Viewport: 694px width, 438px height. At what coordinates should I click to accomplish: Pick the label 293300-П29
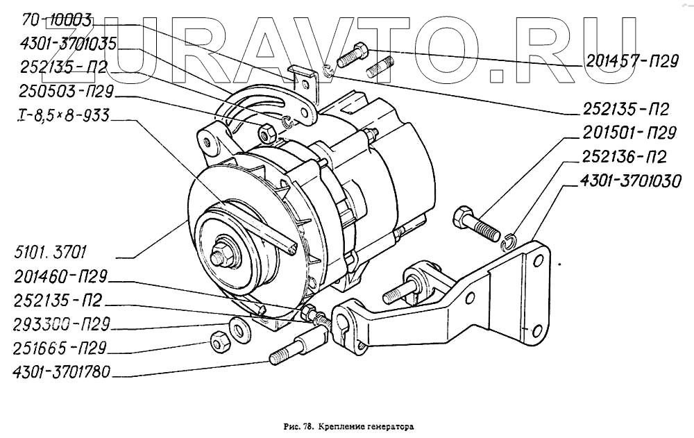[61, 324]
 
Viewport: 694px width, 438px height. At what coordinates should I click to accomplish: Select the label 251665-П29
[61, 347]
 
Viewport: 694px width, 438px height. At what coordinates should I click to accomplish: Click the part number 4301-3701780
[61, 371]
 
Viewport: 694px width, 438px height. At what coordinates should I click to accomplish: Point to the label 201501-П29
[629, 133]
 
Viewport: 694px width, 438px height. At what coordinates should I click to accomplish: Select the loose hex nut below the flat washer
[220, 341]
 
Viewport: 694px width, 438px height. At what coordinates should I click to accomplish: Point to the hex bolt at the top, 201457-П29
[353, 55]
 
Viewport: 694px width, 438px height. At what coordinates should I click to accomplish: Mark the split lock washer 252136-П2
[510, 240]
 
